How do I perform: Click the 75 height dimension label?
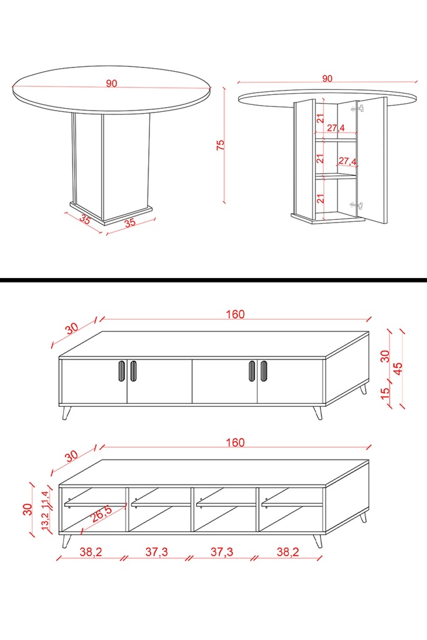click(x=221, y=145)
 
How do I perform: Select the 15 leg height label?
click(x=385, y=393)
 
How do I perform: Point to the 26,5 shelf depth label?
click(x=101, y=514)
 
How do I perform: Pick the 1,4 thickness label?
click(x=45, y=498)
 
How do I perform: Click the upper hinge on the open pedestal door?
click(x=357, y=109)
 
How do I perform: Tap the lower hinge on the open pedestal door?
click(x=356, y=205)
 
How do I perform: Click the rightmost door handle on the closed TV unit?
click(x=264, y=371)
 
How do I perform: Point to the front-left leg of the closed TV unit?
click(x=66, y=412)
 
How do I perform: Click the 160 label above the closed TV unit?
click(x=236, y=314)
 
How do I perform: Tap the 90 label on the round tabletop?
click(x=111, y=84)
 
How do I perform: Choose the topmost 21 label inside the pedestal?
click(x=321, y=118)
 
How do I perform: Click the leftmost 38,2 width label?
click(x=91, y=552)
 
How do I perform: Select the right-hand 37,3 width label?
click(x=222, y=552)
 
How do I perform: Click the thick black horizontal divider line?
click(x=214, y=280)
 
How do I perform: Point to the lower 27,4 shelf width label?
click(x=347, y=161)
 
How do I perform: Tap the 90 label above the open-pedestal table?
click(x=327, y=79)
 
